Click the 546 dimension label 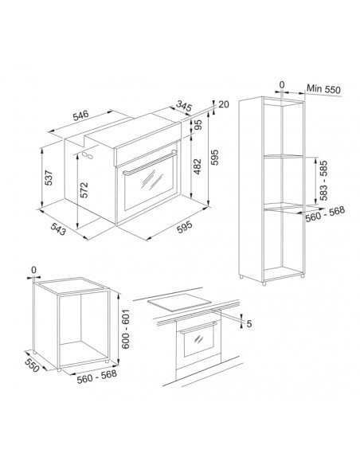[81, 115]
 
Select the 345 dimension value [184, 106]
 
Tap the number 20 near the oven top [224, 104]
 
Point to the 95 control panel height [198, 124]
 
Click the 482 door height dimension [198, 166]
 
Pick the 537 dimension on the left [49, 178]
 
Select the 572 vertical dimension [84, 190]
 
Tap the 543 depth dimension [58, 229]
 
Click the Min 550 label [323, 88]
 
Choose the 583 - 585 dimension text [323, 180]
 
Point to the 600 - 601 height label [126, 329]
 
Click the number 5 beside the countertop [249, 323]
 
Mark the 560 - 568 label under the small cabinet [96, 377]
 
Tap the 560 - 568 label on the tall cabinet [325, 213]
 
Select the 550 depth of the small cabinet [32, 365]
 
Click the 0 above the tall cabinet [282, 85]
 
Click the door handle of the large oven [150, 163]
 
